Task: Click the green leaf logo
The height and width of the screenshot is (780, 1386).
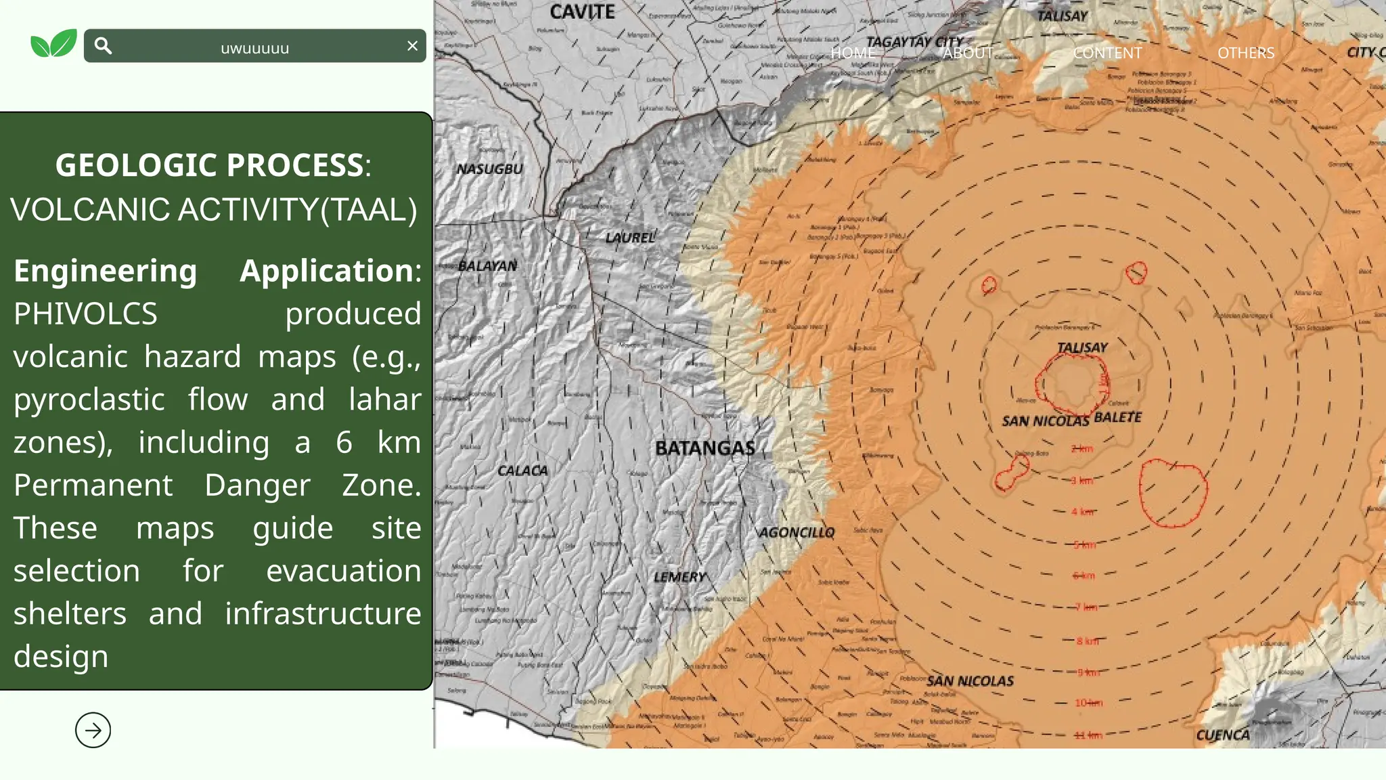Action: (x=53, y=44)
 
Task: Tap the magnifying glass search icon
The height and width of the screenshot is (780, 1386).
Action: (x=103, y=45)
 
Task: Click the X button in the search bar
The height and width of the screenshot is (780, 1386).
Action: (x=412, y=46)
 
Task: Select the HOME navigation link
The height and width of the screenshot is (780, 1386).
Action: (x=853, y=53)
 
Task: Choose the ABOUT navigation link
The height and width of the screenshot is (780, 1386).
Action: (x=968, y=53)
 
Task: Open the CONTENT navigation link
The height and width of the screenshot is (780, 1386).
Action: (x=1107, y=53)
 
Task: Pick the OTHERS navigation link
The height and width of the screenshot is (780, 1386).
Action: (x=1246, y=53)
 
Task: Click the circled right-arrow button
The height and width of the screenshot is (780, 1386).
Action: (x=93, y=730)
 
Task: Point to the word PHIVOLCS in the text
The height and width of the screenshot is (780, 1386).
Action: (x=85, y=313)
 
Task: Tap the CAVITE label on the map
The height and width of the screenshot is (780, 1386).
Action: (x=582, y=12)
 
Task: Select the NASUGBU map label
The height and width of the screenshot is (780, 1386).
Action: (x=489, y=169)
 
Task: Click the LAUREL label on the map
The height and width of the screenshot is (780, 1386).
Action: (x=630, y=238)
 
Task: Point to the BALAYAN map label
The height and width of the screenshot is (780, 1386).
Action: (x=487, y=265)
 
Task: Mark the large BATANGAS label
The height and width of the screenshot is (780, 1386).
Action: (x=705, y=448)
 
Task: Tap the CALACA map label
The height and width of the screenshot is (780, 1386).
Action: (x=522, y=471)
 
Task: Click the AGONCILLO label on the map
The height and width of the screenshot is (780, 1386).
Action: (x=797, y=533)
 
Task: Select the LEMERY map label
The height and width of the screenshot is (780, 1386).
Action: (x=679, y=577)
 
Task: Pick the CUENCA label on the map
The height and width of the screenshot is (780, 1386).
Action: (x=1223, y=735)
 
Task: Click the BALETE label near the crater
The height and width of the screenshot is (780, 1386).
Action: (x=1117, y=417)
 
